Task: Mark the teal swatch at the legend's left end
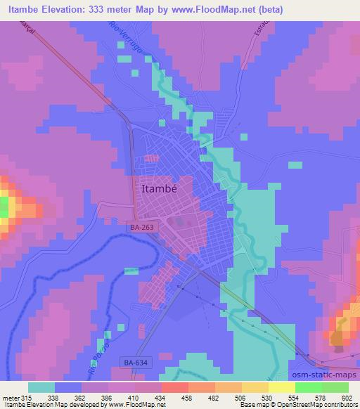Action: (41, 387)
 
